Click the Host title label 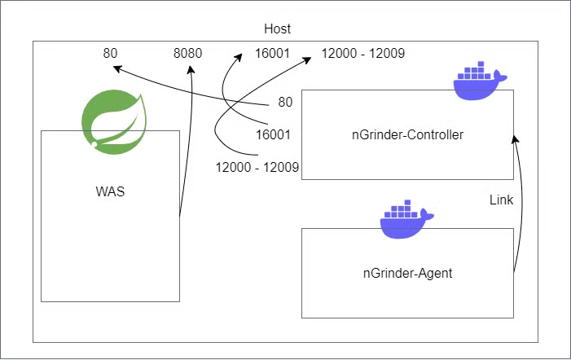click(277, 29)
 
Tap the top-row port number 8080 click(187, 54)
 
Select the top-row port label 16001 click(272, 54)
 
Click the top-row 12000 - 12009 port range click(362, 54)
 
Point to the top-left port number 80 click(110, 54)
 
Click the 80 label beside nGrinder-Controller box click(285, 103)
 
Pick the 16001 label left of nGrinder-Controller click(273, 135)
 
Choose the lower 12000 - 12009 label click(257, 168)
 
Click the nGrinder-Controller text click(407, 135)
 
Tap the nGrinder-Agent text click(407, 273)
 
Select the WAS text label click(110, 191)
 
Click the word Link click(501, 200)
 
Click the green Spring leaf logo click(114, 122)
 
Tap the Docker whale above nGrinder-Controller click(480, 81)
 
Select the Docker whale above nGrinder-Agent click(406, 219)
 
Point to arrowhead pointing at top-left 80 click(117, 68)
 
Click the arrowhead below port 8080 click(191, 69)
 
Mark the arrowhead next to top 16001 click(238, 58)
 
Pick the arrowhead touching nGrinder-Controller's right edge click(515, 139)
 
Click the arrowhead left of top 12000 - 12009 click(307, 60)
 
